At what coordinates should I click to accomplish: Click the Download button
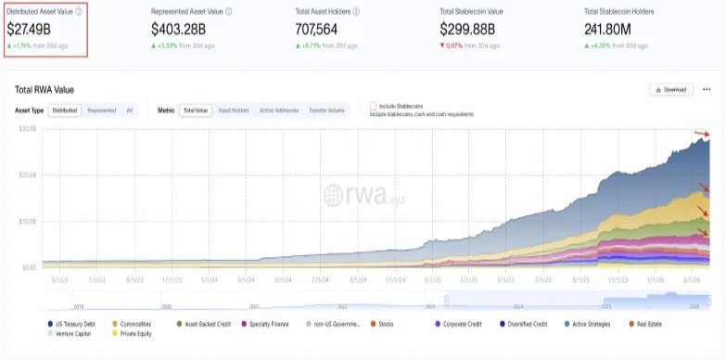pos(670,90)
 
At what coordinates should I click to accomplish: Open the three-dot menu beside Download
pos(707,90)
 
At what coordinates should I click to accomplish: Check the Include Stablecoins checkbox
pos(373,106)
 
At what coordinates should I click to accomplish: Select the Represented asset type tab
pos(101,110)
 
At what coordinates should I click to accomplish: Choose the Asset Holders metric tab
pos(233,110)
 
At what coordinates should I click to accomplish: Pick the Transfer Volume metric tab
pos(325,110)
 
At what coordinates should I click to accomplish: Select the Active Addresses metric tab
pos(279,110)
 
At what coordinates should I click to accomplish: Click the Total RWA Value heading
pos(45,90)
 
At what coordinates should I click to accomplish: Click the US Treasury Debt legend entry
pos(77,323)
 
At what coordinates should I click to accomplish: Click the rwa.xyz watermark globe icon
pos(335,195)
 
